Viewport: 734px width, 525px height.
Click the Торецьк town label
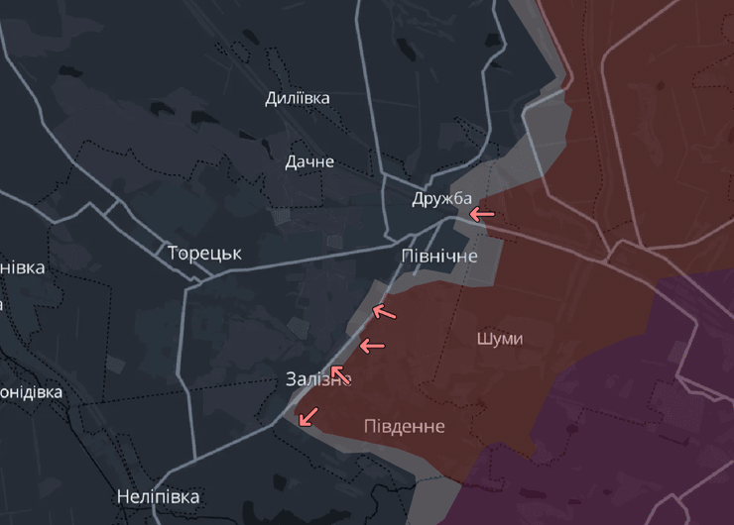[204, 253]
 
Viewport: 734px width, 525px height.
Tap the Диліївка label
[298, 98]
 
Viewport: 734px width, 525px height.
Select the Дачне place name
[309, 161]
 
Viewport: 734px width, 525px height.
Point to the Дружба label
[442, 199]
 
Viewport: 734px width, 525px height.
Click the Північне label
[439, 256]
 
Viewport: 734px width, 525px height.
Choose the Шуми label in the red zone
[499, 339]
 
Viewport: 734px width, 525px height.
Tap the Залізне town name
[317, 379]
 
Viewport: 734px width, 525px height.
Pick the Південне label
[404, 426]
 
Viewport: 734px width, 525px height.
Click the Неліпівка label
[158, 496]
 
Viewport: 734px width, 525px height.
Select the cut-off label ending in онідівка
[31, 392]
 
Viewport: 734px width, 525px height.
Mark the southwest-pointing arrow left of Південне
[308, 416]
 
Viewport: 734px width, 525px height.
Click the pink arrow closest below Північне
[383, 312]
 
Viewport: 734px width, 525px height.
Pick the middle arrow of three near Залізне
[371, 346]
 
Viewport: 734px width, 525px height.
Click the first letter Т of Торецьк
[174, 253]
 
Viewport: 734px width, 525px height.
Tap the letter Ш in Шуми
[483, 339]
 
